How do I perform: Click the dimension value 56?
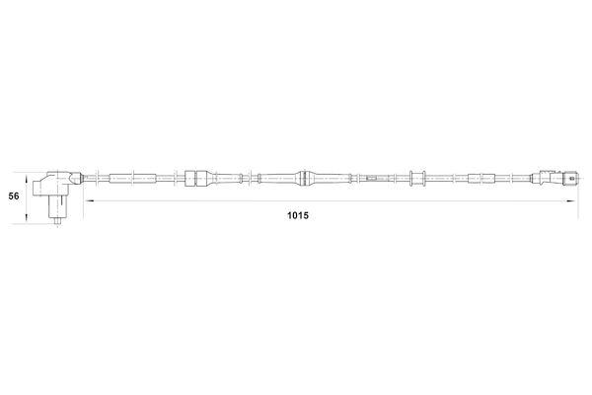(x=13, y=197)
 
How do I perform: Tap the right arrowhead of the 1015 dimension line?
(x=574, y=201)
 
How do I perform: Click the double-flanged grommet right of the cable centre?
(x=415, y=179)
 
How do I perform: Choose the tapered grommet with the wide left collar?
(x=197, y=179)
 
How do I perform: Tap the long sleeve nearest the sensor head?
(x=130, y=179)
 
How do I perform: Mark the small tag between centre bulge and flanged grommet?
(x=372, y=179)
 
